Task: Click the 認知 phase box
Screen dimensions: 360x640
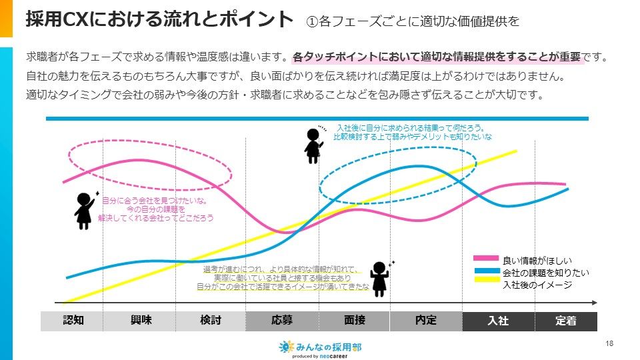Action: click(72, 321)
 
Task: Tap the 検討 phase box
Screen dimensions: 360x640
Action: click(210, 321)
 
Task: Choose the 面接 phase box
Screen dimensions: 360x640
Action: click(354, 321)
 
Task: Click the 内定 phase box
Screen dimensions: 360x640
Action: click(426, 321)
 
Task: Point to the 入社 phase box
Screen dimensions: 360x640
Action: click(498, 321)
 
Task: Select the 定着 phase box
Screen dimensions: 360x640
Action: click(566, 321)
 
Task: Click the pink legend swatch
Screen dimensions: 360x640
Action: click(486, 258)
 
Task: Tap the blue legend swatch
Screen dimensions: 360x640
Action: click(486, 270)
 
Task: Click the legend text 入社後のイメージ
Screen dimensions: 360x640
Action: click(537, 285)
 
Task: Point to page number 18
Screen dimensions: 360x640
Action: click(609, 343)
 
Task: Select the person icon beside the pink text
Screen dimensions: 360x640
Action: click(84, 209)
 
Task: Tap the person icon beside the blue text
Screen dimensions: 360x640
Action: click(313, 145)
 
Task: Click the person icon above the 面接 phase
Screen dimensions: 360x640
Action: click(380, 279)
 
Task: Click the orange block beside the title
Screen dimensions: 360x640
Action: click(6, 18)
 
